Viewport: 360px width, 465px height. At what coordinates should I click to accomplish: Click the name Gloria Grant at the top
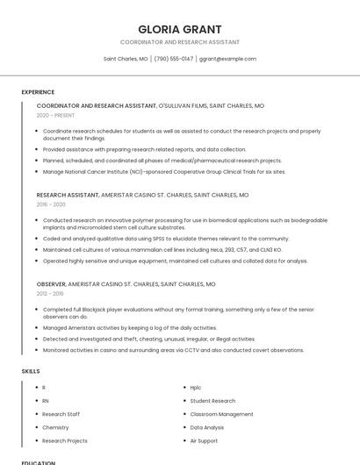point(180,29)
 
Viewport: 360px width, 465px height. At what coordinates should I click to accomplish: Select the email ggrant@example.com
point(227,59)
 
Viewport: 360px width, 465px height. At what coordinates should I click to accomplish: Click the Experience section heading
point(38,92)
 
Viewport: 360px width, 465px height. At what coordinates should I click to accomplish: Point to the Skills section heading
point(31,371)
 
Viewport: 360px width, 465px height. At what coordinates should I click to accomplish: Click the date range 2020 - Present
point(55,115)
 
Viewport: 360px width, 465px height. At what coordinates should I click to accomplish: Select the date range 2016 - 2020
point(51,204)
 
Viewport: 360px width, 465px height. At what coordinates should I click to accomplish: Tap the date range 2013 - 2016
point(51,294)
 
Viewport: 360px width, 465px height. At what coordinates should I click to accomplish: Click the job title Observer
point(56,284)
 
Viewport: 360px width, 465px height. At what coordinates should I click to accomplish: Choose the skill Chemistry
point(55,427)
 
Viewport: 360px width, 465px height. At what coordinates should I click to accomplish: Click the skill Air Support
point(204,440)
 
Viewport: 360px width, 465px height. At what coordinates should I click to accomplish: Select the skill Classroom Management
point(221,414)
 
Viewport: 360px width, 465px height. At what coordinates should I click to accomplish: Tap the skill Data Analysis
point(207,427)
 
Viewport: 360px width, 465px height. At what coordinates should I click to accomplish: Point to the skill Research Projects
point(65,440)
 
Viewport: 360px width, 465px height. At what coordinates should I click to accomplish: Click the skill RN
point(46,400)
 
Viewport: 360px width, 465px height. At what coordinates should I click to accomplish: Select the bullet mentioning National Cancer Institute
point(164,172)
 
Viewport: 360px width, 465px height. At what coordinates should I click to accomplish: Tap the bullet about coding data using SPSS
point(166,238)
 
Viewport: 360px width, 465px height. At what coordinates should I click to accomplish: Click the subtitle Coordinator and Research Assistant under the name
point(180,42)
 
